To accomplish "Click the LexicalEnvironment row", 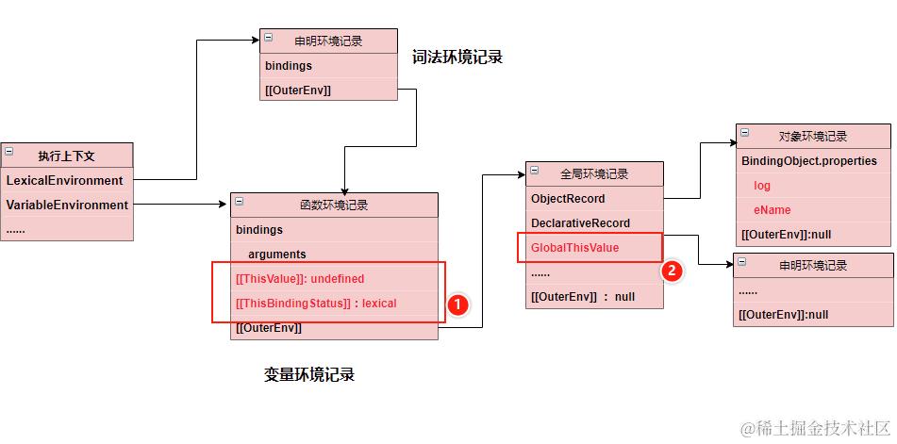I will click(x=65, y=180).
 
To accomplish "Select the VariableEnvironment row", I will click(x=67, y=205).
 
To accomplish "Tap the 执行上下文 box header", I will click(x=67, y=155).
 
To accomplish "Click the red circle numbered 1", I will click(x=457, y=304).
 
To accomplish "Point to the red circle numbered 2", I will click(x=672, y=271).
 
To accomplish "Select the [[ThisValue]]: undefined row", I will click(x=300, y=279).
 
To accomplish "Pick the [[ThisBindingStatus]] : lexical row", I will click(x=316, y=303).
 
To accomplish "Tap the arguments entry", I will click(x=277, y=254).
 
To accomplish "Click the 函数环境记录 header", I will click(x=334, y=205).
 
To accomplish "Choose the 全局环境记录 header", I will click(x=594, y=174).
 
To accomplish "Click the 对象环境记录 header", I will click(x=813, y=137).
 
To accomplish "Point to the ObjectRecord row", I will click(x=568, y=199).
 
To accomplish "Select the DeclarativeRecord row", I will click(x=580, y=223).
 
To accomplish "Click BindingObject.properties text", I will click(x=809, y=161).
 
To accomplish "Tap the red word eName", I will click(x=772, y=210).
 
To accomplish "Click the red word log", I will click(x=761, y=186).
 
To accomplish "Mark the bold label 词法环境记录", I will click(x=457, y=58).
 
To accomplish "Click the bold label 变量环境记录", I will click(x=309, y=375).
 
